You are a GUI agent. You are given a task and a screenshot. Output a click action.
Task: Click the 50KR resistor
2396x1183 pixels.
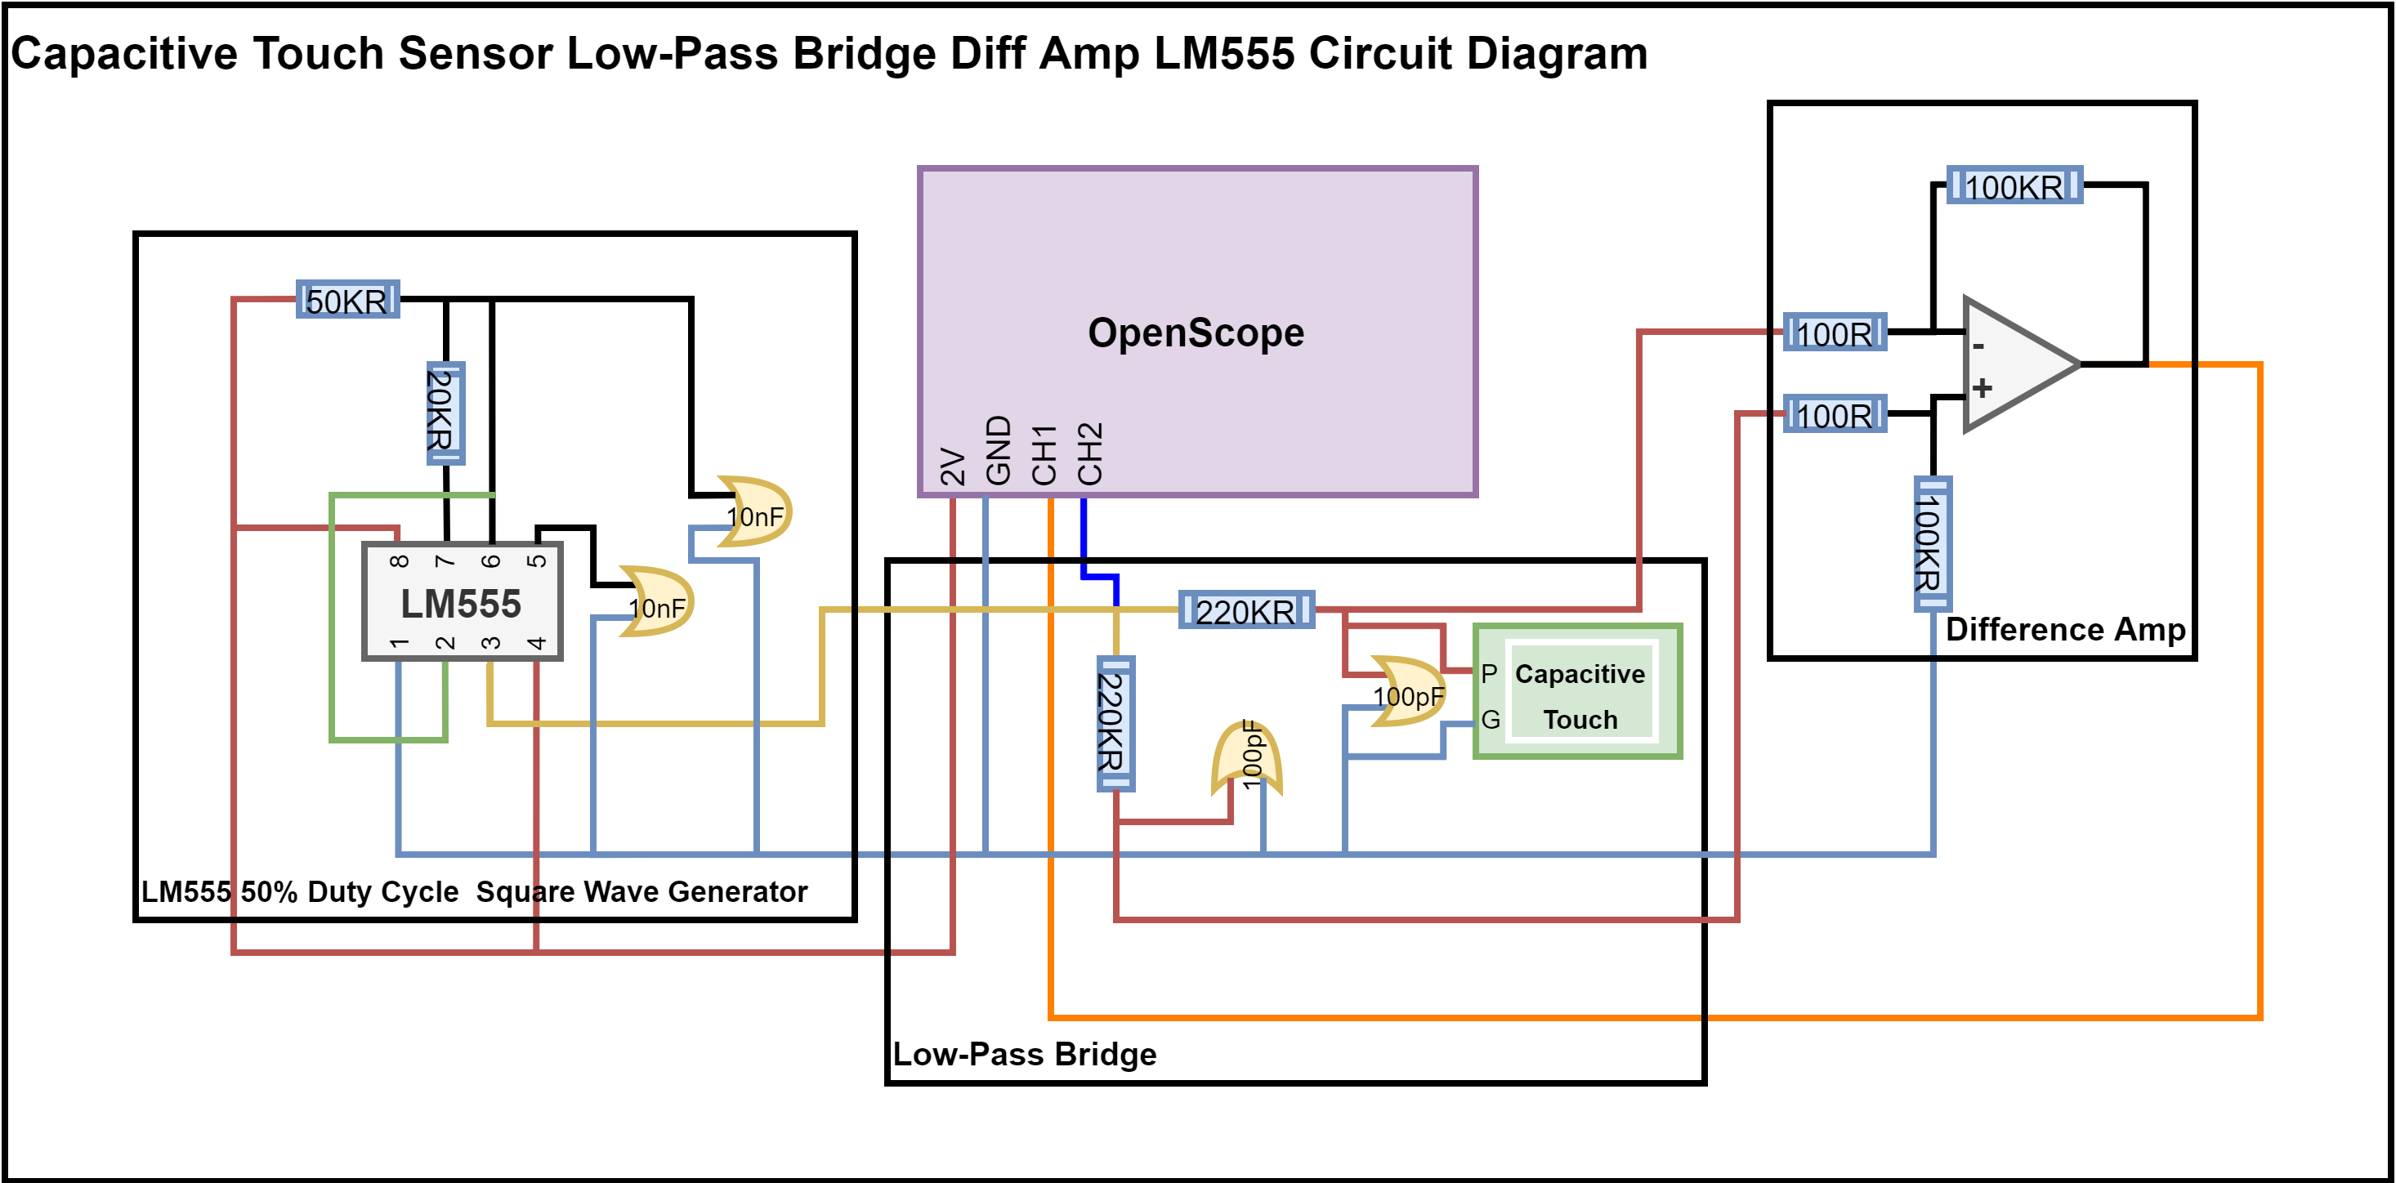pos(347,300)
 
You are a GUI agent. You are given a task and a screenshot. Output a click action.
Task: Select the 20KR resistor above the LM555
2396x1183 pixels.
pos(445,413)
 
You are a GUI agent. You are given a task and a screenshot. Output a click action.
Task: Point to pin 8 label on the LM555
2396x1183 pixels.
pos(399,560)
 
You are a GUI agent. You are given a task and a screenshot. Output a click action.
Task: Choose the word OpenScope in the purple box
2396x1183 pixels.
pos(1196,332)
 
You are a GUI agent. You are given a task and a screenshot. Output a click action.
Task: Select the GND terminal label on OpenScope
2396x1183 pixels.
pos(998,450)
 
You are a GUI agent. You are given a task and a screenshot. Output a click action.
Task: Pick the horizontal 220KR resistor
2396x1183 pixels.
pos(1245,610)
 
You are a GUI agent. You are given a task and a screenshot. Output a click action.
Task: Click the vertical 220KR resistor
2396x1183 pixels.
pos(1115,723)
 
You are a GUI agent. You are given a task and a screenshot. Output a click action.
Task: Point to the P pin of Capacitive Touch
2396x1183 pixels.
pos(1489,673)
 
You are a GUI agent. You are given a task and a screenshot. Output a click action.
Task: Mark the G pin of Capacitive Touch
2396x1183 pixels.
pos(1490,719)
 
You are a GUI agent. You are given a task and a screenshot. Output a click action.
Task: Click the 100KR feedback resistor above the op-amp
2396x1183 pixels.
pos(2014,186)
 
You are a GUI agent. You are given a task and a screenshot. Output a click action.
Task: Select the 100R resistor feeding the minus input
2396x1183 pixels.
pos(1835,332)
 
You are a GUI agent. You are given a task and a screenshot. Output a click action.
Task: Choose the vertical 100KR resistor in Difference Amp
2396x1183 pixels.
pos(1932,543)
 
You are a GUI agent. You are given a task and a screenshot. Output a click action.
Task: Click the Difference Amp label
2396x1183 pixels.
pos(2065,630)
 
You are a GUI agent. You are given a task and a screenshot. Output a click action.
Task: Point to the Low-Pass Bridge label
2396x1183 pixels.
pos(1024,1054)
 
